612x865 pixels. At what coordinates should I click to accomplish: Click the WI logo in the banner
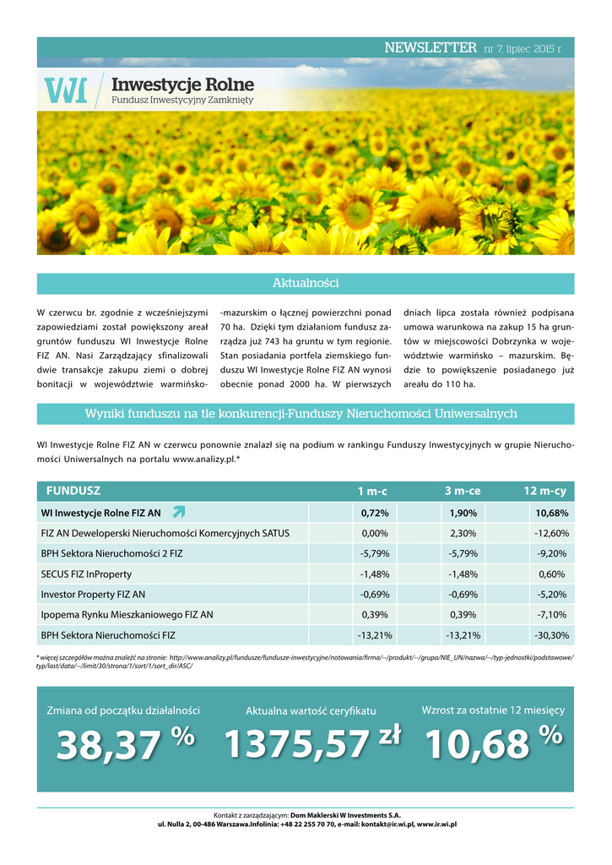click(65, 90)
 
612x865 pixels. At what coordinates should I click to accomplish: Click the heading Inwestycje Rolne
click(182, 84)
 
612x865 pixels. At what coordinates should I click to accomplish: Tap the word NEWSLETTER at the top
click(430, 48)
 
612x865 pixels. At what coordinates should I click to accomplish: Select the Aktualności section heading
click(306, 283)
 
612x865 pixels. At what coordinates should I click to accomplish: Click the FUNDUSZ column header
click(73, 491)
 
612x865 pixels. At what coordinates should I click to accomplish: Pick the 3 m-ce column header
click(462, 492)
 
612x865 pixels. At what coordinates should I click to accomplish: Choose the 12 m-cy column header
click(545, 492)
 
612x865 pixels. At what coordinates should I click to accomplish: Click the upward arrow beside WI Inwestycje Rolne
click(178, 512)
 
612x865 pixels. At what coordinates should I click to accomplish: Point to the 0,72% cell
click(374, 513)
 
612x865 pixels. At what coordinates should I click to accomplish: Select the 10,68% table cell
click(551, 513)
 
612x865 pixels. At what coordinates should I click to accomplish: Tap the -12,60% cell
click(551, 533)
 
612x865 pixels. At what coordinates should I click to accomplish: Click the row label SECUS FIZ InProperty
click(92, 574)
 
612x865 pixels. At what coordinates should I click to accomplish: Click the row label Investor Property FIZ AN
click(93, 594)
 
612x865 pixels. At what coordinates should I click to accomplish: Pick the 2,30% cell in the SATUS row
click(463, 533)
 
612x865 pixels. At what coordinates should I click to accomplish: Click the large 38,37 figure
click(108, 745)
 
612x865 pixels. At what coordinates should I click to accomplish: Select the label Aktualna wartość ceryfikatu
click(311, 711)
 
